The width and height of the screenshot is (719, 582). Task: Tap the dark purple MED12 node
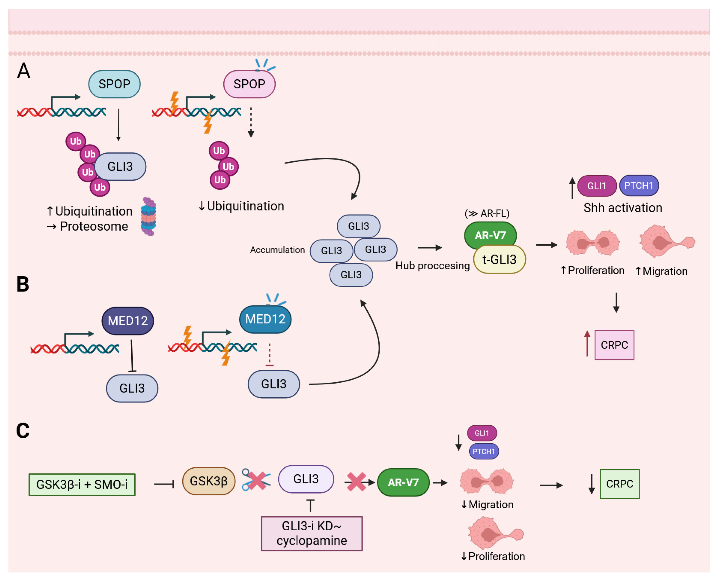click(x=128, y=321)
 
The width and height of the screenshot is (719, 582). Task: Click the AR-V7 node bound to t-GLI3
click(x=490, y=235)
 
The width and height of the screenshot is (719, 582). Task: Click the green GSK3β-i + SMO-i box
click(x=82, y=484)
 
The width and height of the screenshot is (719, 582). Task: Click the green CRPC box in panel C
click(x=619, y=484)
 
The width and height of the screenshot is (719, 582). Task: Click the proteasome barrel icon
click(x=148, y=216)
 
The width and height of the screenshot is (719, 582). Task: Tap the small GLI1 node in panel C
click(x=482, y=433)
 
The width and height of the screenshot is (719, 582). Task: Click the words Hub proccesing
click(x=432, y=266)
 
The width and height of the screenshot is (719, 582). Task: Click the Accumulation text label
click(x=277, y=250)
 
